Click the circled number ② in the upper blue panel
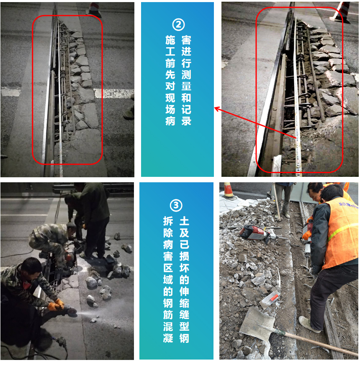pos(178,25)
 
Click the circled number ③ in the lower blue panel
pos(176,205)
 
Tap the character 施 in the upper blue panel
pos(170,40)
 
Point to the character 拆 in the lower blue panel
pos(168,221)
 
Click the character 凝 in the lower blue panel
pos(168,338)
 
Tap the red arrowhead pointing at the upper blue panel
pos(217,108)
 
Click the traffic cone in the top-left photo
pos(94,10)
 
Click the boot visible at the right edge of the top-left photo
pos(129,113)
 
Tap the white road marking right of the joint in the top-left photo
pos(114,93)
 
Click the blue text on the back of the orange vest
pos(348,205)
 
